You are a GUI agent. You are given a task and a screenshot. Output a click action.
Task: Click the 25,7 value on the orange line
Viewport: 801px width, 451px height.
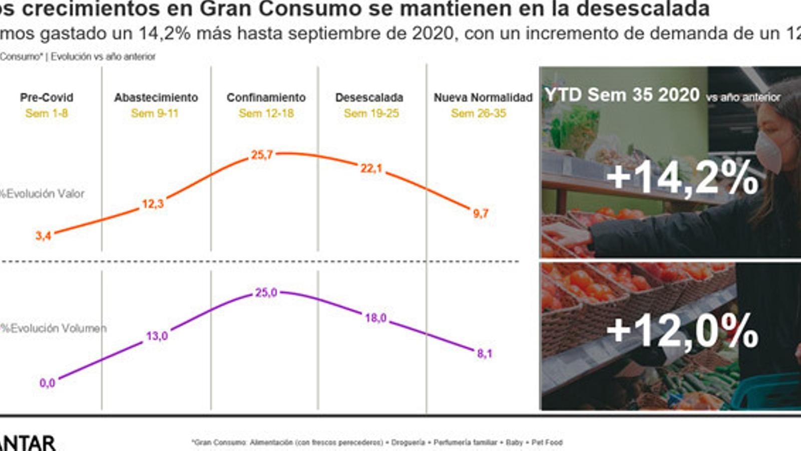pyautogui.click(x=262, y=155)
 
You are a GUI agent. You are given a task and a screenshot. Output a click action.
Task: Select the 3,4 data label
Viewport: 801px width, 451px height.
pyautogui.click(x=43, y=236)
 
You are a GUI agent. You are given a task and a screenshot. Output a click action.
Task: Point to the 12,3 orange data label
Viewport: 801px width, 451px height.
pyautogui.click(x=153, y=204)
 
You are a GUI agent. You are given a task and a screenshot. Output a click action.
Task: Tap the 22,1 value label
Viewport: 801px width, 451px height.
pyautogui.click(x=371, y=168)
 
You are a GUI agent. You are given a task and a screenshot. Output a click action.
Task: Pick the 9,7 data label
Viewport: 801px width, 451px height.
pyautogui.click(x=481, y=213)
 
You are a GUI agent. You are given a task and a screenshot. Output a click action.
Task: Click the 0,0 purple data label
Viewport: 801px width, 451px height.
pyautogui.click(x=47, y=383)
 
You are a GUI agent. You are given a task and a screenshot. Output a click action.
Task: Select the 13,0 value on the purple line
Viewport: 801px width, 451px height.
pyautogui.click(x=157, y=336)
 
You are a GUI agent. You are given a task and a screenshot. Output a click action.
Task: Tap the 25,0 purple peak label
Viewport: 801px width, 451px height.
pyautogui.click(x=266, y=293)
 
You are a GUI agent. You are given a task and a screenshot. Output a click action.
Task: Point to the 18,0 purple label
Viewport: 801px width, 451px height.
pyautogui.click(x=375, y=318)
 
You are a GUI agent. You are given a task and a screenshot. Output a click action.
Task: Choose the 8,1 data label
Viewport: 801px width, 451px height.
pyautogui.click(x=484, y=354)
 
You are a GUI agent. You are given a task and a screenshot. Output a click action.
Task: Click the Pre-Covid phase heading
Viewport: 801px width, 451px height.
pyautogui.click(x=47, y=97)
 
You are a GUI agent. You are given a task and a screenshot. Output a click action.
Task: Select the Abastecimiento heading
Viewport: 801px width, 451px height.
pyautogui.click(x=156, y=97)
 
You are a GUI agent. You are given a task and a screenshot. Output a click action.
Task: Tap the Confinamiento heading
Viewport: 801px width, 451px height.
pyautogui.click(x=266, y=97)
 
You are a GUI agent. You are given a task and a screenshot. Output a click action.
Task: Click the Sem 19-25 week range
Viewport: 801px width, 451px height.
pyautogui.click(x=371, y=114)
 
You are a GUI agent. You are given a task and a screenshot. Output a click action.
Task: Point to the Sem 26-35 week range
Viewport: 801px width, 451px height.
pyautogui.click(x=478, y=114)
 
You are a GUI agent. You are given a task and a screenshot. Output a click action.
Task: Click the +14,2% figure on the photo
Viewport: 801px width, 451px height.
pyautogui.click(x=682, y=177)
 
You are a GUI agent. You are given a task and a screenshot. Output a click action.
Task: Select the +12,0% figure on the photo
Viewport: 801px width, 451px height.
pyautogui.click(x=682, y=330)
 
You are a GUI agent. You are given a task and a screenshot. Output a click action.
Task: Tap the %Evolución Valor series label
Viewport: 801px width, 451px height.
pyautogui.click(x=43, y=194)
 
